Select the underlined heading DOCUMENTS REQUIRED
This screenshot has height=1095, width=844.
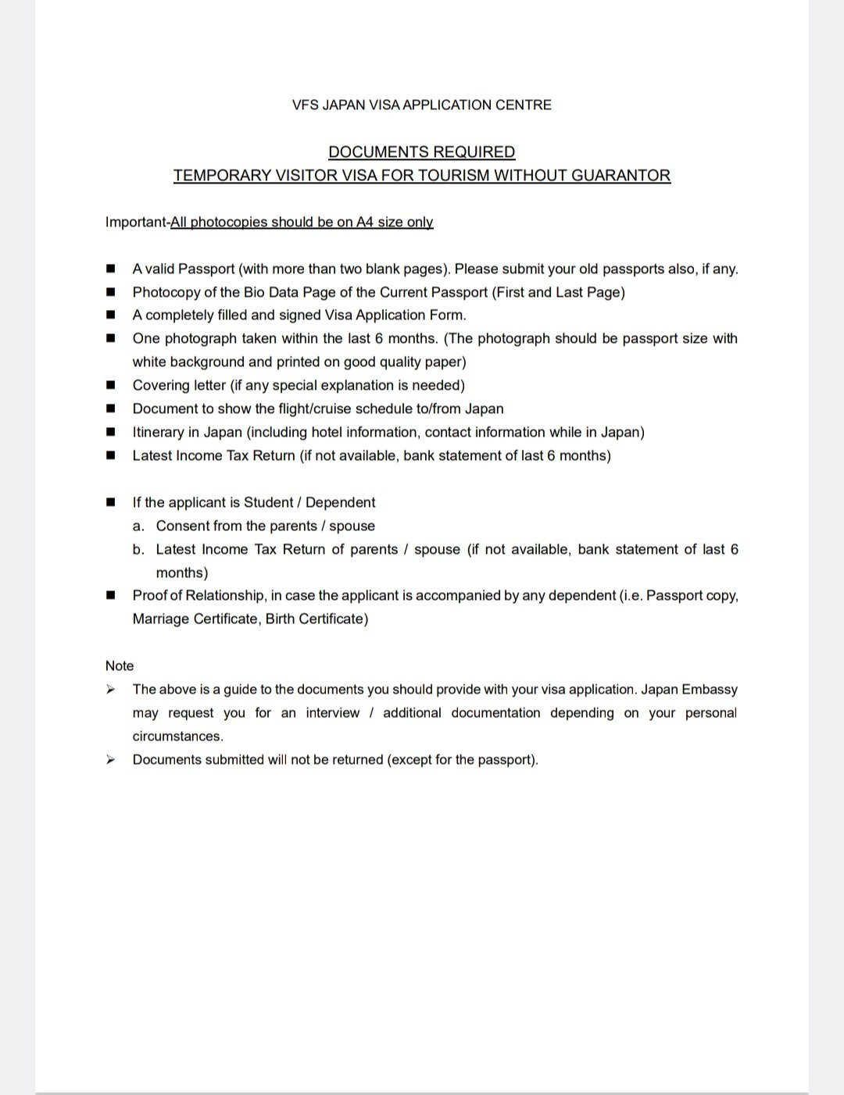click(421, 152)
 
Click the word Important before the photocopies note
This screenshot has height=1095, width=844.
click(136, 222)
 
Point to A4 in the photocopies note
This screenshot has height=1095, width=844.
click(365, 222)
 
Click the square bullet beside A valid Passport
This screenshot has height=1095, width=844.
click(111, 269)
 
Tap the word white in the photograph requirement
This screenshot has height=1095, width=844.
click(148, 362)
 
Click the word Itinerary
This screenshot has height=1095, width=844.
click(158, 432)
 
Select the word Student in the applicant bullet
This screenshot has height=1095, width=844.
click(269, 502)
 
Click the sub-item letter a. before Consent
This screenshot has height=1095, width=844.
click(138, 526)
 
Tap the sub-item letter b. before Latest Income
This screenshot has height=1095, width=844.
click(138, 549)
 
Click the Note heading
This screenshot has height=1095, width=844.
click(120, 665)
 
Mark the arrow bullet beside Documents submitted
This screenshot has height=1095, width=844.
click(111, 759)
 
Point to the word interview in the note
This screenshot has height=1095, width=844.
click(333, 712)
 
